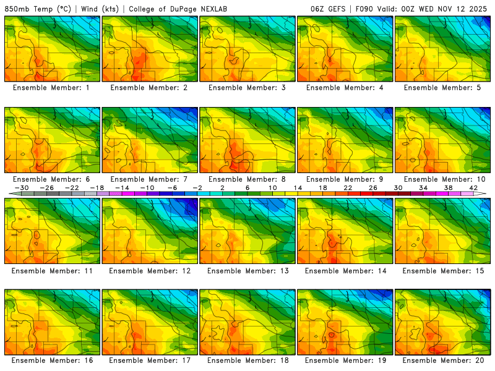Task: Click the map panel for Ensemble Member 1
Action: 52,49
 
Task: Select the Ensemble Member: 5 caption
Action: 442,88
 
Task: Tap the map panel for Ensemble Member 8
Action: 247,140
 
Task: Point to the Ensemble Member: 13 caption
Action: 247,271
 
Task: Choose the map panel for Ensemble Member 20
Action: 443,322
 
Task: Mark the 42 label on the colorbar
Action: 473,188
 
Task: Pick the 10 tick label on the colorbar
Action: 273,188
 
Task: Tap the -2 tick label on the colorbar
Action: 198,188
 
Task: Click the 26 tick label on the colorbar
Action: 373,188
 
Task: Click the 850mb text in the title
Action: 18,9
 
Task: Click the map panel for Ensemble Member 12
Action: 150,231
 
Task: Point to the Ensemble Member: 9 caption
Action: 345,179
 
